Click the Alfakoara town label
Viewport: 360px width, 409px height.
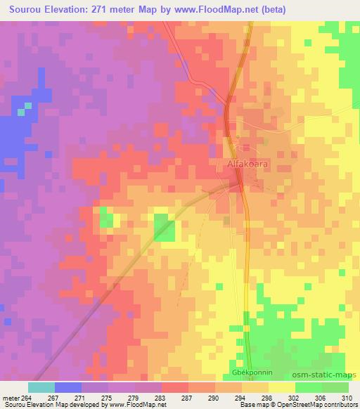250,164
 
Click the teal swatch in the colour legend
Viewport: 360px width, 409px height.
41,387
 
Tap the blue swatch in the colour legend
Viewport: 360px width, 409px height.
68,387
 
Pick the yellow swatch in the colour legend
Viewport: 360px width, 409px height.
281,387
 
